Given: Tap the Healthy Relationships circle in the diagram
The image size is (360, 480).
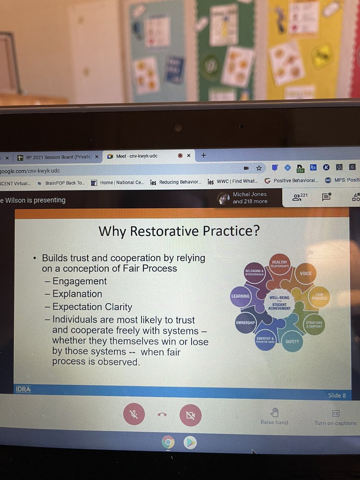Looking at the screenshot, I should pos(280,264).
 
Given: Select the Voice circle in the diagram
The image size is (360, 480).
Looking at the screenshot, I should pos(306,274).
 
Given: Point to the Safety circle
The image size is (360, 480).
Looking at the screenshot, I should pos(292,342).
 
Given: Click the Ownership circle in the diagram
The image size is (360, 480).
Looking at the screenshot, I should pos(245,322).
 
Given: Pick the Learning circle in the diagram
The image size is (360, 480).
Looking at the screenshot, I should pos(240,296).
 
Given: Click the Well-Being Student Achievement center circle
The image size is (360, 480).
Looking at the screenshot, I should pos(280,303).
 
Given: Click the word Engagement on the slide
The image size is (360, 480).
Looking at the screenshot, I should pos(80,281).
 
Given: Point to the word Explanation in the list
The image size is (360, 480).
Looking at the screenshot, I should pos(77,294).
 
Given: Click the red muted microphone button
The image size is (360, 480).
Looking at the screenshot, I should pos(134,416).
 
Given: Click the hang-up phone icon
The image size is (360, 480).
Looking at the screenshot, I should pos(162,415).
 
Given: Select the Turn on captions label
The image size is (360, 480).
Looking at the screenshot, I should pos(335,423).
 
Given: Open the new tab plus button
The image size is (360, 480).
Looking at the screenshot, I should pos(203,155).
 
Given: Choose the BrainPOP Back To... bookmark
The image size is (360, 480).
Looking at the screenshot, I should pos(64,183).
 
